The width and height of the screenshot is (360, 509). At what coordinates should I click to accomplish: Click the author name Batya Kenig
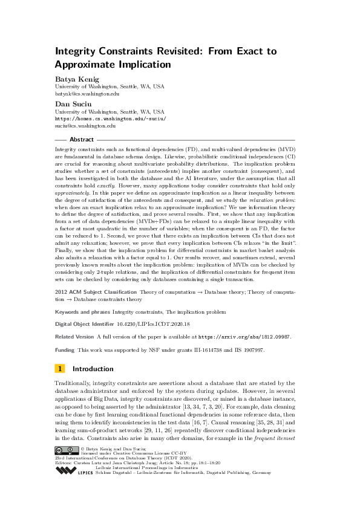coord(76,79)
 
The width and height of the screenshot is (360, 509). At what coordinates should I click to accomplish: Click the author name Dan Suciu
coord(71,104)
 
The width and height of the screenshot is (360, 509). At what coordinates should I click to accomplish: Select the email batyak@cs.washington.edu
coord(87,94)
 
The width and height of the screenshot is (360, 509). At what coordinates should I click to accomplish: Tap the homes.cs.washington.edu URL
coord(110,119)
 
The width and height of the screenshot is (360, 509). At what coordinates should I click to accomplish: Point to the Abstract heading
coord(82,140)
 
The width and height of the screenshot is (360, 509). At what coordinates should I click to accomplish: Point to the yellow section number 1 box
coord(61,369)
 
